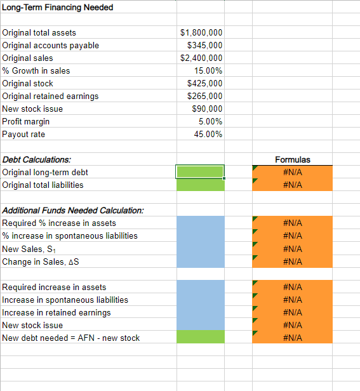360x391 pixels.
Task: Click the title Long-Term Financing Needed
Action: click(58, 8)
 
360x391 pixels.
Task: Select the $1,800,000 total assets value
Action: click(201, 32)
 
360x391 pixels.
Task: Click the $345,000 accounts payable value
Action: click(205, 45)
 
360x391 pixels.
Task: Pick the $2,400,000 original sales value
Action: click(201, 58)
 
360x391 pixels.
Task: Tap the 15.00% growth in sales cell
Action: click(208, 70)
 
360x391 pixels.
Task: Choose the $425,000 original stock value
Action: click(205, 83)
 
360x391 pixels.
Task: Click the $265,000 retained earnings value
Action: click(205, 96)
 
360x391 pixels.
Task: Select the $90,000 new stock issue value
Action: click(207, 109)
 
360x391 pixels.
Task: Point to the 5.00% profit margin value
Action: click(210, 121)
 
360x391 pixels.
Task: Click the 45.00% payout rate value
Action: click(208, 134)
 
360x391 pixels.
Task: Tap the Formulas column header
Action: click(292, 159)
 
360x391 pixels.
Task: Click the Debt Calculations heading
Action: click(37, 159)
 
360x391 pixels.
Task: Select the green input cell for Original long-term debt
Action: click(200, 172)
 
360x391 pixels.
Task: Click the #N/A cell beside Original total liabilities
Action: click(292, 185)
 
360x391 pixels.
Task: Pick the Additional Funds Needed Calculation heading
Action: click(73, 210)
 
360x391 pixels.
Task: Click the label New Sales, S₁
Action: click(30, 249)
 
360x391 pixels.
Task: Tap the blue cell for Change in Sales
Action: click(200, 262)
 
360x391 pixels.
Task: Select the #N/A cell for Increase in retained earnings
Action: click(292, 312)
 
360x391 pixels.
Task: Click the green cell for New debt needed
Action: click(200, 338)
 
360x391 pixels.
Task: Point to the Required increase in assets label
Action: click(55, 287)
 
